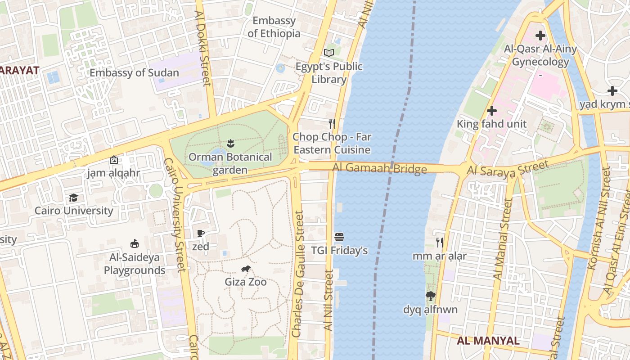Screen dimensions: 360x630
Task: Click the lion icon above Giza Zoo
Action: (x=245, y=269)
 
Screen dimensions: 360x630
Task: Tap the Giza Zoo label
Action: (x=246, y=282)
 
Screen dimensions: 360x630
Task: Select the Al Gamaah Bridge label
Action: (x=380, y=169)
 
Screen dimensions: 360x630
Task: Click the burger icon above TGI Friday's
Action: (x=339, y=237)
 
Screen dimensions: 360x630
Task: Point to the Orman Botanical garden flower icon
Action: (x=230, y=144)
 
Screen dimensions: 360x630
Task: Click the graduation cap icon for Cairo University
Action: (x=73, y=198)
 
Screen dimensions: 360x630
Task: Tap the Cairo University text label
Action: (x=74, y=211)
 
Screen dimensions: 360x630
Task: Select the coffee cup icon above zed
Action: (x=201, y=233)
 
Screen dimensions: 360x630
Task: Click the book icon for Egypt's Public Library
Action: (x=329, y=53)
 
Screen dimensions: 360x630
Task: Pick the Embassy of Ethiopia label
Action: (x=274, y=27)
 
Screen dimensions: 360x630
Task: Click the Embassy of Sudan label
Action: (x=134, y=73)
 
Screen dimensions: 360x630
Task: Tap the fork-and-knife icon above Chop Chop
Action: (x=332, y=123)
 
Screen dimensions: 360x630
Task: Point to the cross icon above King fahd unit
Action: (x=492, y=110)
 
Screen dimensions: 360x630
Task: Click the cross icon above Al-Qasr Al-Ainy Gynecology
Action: (x=540, y=35)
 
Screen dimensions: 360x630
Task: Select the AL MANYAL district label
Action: (x=488, y=341)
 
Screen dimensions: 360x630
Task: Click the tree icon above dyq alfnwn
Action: (x=431, y=296)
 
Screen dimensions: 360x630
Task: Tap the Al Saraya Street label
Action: (x=508, y=168)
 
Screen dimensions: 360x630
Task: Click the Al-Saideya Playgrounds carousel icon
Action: (x=134, y=244)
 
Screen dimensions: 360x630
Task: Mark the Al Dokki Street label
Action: (x=203, y=48)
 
